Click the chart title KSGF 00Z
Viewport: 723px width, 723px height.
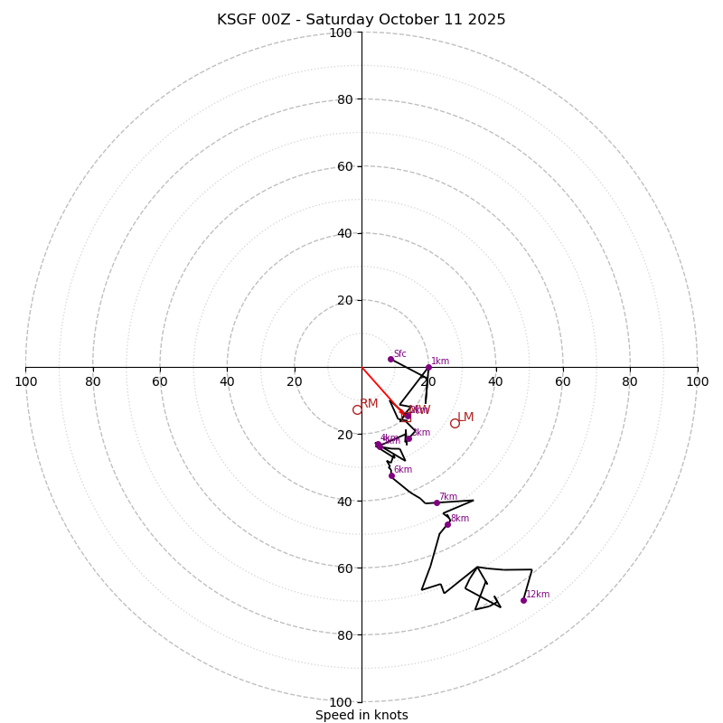click(361, 20)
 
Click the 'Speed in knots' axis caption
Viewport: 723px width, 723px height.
click(361, 715)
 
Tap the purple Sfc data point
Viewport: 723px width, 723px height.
click(390, 359)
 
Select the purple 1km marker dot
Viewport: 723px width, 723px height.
click(428, 367)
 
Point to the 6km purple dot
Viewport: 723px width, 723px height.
click(391, 475)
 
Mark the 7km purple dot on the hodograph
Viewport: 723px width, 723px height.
click(437, 502)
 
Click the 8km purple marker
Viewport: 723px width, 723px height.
click(447, 524)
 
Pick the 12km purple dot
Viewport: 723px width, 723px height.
click(523, 600)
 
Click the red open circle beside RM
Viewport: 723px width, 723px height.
click(357, 409)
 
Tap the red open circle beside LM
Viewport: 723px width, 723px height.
click(455, 423)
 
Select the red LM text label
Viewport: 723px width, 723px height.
click(465, 417)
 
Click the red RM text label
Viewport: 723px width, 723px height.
click(369, 403)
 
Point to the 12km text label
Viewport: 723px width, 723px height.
click(538, 594)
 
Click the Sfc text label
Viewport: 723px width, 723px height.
click(399, 353)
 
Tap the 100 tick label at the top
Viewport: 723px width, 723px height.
click(341, 33)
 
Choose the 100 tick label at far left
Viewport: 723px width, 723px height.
click(25, 381)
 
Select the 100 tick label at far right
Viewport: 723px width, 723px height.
click(697, 381)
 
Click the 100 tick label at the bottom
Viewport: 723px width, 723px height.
click(341, 702)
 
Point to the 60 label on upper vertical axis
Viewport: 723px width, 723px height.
click(344, 166)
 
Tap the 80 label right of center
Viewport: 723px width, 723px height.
click(630, 381)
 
